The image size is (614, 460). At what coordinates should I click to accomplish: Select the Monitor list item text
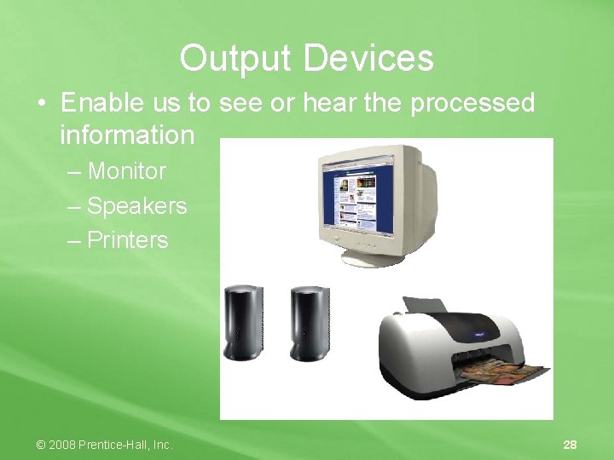(x=127, y=171)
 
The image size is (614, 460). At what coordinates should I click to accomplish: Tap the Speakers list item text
(x=136, y=206)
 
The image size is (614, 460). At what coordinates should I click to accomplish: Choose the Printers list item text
(x=128, y=240)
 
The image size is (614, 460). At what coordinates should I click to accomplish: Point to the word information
(x=127, y=135)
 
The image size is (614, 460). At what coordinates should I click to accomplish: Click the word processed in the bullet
(x=472, y=103)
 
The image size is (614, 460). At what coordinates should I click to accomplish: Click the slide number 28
(x=570, y=445)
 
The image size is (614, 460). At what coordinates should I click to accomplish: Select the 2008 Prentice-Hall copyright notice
(x=103, y=445)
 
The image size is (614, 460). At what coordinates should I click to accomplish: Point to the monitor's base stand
(x=373, y=256)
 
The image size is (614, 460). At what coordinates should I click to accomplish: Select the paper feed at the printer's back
(x=424, y=305)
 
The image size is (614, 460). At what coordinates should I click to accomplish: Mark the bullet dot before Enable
(x=42, y=104)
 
